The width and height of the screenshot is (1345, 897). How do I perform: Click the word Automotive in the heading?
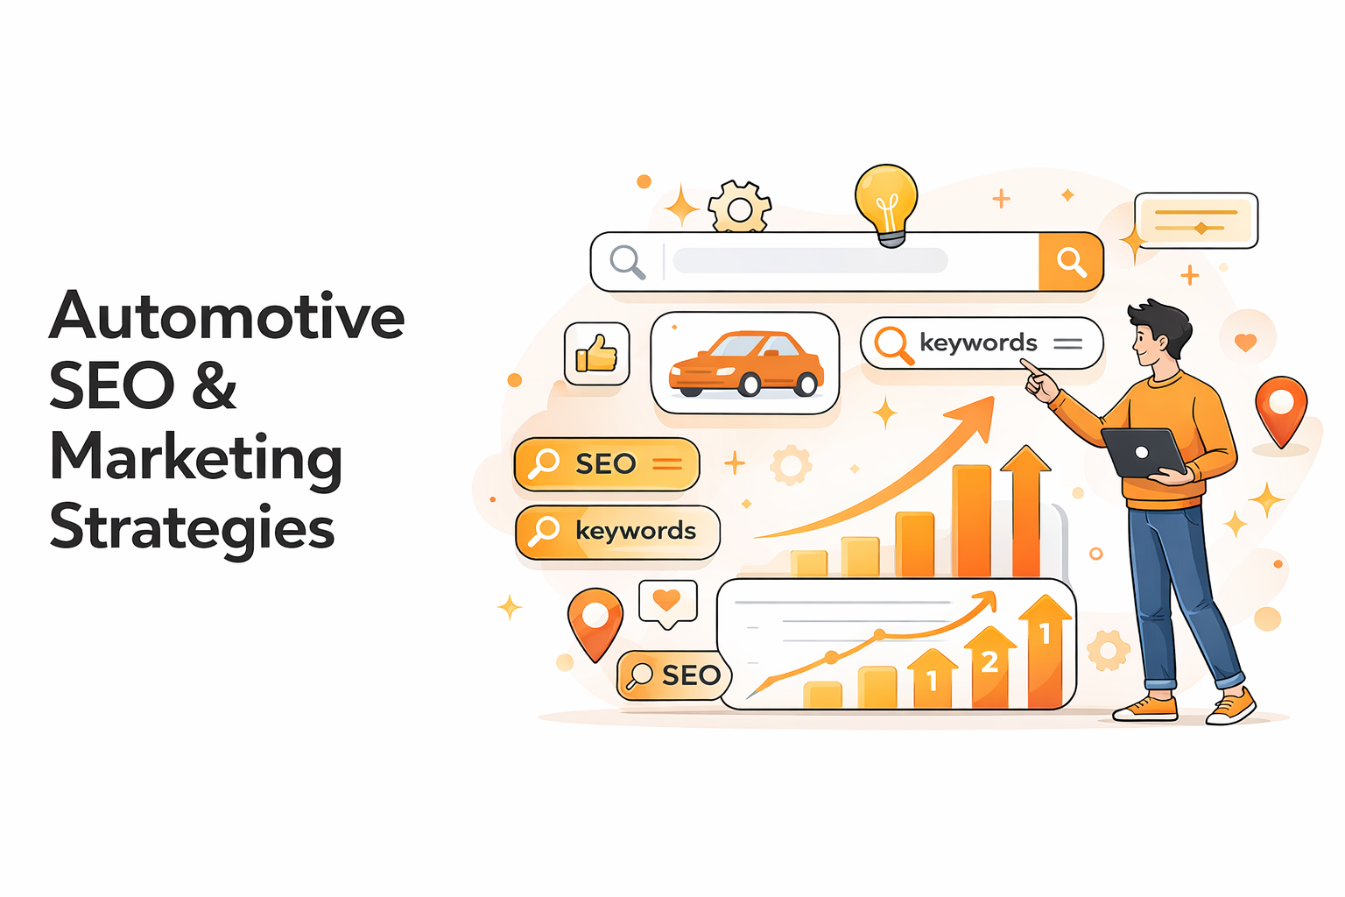pyautogui.click(x=227, y=316)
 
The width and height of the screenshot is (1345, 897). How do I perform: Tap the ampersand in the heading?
pyautogui.click(x=215, y=386)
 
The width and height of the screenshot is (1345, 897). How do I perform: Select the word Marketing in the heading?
pyautogui.click(x=195, y=457)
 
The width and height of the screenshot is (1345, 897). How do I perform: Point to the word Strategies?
pyautogui.click(x=192, y=527)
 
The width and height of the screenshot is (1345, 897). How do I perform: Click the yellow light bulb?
pyautogui.click(x=886, y=201)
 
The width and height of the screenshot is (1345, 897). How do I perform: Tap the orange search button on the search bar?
pyautogui.click(x=1070, y=261)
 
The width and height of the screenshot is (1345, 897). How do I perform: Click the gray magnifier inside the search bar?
pyautogui.click(x=627, y=261)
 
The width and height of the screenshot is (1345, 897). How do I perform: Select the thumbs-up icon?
pyautogui.click(x=597, y=354)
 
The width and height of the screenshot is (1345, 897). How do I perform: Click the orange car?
pyautogui.click(x=745, y=364)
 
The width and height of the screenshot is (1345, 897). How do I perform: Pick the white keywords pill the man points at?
pyautogui.click(x=981, y=343)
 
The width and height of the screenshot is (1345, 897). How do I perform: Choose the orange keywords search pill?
pyautogui.click(x=617, y=532)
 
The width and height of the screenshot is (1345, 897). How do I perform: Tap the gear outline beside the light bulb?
pyautogui.click(x=740, y=208)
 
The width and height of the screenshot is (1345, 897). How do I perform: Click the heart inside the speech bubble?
pyautogui.click(x=667, y=600)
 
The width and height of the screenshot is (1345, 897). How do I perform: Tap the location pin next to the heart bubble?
pyautogui.click(x=595, y=621)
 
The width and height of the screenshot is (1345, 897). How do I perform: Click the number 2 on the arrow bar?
pyautogui.click(x=989, y=662)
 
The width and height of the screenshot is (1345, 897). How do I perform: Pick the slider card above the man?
pyautogui.click(x=1195, y=221)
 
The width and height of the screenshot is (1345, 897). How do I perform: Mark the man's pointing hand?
pyautogui.click(x=1039, y=383)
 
